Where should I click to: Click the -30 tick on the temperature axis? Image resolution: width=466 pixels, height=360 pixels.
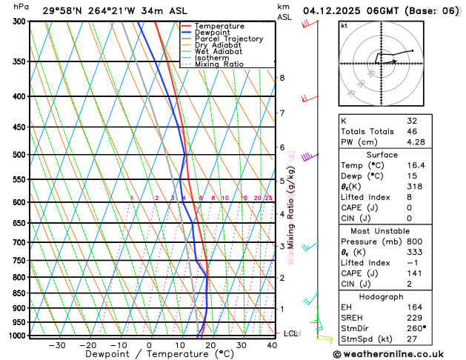click(x=57, y=345)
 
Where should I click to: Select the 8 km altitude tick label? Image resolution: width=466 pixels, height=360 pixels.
click(x=282, y=78)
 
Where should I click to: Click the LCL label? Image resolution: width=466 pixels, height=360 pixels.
click(x=290, y=333)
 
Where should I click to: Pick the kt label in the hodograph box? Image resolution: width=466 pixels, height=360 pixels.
click(x=344, y=26)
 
